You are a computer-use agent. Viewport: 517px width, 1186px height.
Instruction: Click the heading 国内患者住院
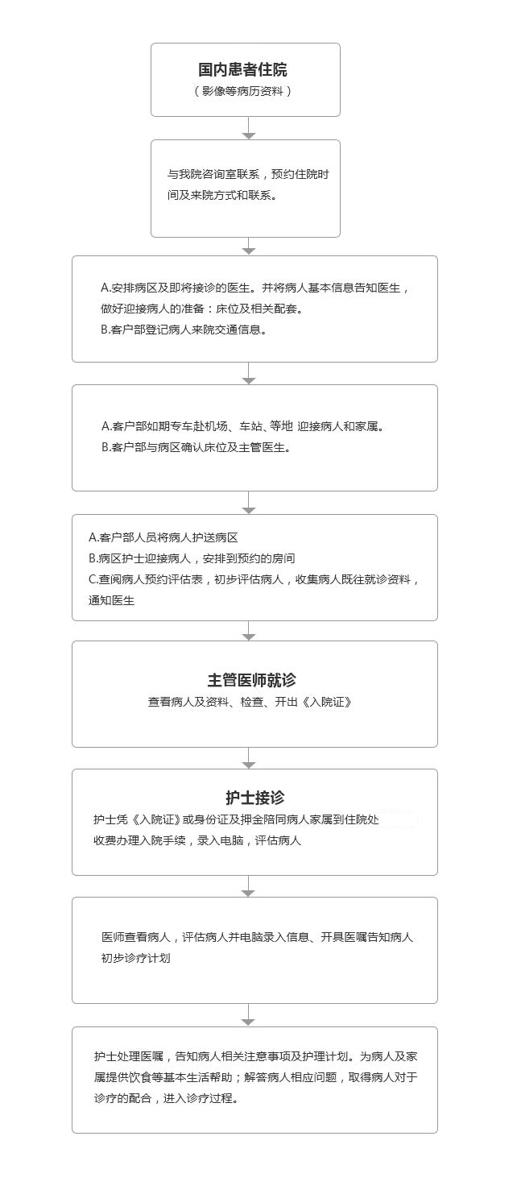coord(243,69)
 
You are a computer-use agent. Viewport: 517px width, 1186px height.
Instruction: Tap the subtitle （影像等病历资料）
coord(243,91)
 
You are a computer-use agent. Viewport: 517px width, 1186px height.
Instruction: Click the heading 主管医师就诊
coord(252,680)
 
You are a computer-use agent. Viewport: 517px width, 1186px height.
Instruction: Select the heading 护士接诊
coord(255,798)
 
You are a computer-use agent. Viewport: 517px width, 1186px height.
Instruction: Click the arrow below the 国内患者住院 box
coord(248,128)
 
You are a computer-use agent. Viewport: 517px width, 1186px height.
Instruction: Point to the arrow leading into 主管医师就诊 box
coord(248,631)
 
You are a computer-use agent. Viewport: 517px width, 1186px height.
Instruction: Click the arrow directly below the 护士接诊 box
coord(248,886)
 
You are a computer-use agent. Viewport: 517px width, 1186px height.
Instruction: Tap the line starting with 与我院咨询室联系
coord(248,174)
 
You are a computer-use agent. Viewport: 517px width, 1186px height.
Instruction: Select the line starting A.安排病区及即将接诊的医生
coord(255,288)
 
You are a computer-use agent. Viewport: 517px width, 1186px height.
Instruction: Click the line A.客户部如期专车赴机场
coord(243,426)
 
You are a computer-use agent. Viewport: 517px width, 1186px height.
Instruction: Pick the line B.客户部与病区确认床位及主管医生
coord(196,447)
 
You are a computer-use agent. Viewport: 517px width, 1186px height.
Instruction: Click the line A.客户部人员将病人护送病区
coord(163,537)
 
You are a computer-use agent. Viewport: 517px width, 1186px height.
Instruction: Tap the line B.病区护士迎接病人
coord(192,558)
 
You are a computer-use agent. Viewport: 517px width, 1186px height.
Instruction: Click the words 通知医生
coord(112,600)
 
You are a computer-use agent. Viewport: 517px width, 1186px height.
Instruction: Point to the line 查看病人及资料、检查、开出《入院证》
coord(250,702)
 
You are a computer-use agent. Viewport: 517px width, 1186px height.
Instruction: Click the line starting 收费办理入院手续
coord(197,840)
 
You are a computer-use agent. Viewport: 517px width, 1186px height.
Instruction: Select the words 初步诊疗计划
coord(136,958)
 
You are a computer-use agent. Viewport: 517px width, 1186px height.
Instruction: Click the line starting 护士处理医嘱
coord(256,1056)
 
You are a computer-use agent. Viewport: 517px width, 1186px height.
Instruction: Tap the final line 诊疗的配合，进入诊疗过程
coord(167,1098)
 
